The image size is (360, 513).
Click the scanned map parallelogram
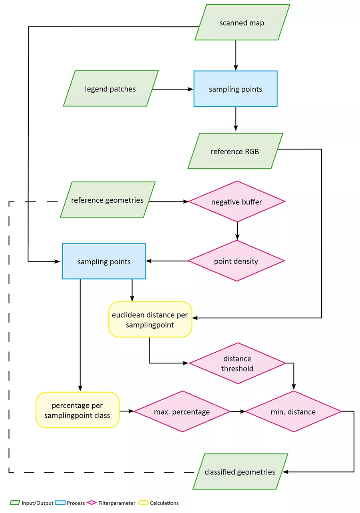(242, 22)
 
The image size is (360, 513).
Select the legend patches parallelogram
(111, 89)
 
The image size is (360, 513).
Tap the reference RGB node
(235, 151)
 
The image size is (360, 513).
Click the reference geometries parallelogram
(107, 200)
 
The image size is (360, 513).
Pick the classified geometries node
(240, 472)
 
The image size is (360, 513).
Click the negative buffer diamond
(237, 202)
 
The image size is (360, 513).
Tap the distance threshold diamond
(238, 363)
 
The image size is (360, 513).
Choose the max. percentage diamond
(182, 411)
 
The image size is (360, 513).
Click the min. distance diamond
(293, 411)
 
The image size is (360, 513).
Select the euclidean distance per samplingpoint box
(150, 319)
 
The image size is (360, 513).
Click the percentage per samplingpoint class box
(78, 410)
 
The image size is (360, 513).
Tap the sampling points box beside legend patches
(235, 89)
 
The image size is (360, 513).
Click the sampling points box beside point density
(104, 261)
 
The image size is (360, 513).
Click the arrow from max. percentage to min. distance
(238, 411)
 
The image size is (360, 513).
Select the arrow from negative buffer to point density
(237, 231)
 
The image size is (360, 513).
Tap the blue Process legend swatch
(60, 503)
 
